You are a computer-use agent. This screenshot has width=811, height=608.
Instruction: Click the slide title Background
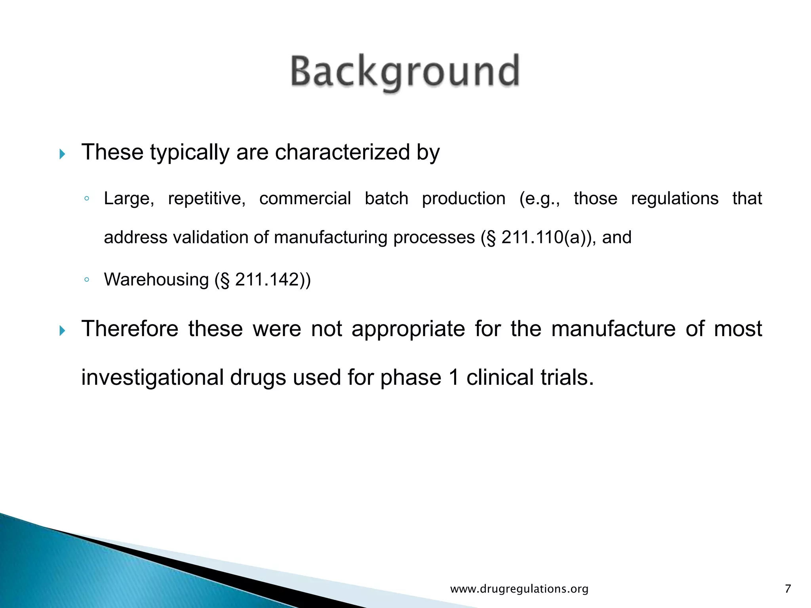click(405, 72)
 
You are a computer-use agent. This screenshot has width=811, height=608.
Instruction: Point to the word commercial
click(305, 198)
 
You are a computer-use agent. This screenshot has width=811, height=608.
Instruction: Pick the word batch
click(386, 198)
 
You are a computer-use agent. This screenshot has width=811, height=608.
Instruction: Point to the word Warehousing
click(156, 280)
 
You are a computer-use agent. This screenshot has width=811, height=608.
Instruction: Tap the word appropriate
click(408, 329)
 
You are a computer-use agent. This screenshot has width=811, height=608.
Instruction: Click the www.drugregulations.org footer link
click(519, 589)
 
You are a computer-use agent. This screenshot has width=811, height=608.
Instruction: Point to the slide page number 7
click(788, 589)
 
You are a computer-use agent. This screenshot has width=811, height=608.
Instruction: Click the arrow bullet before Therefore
click(62, 330)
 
